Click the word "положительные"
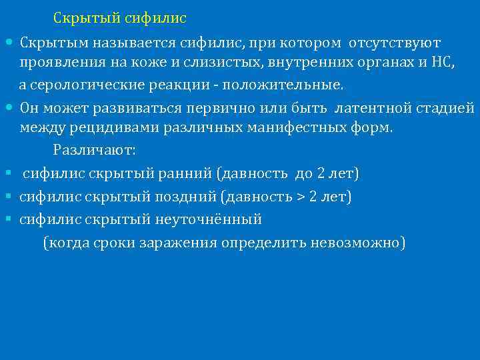(283, 86)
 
